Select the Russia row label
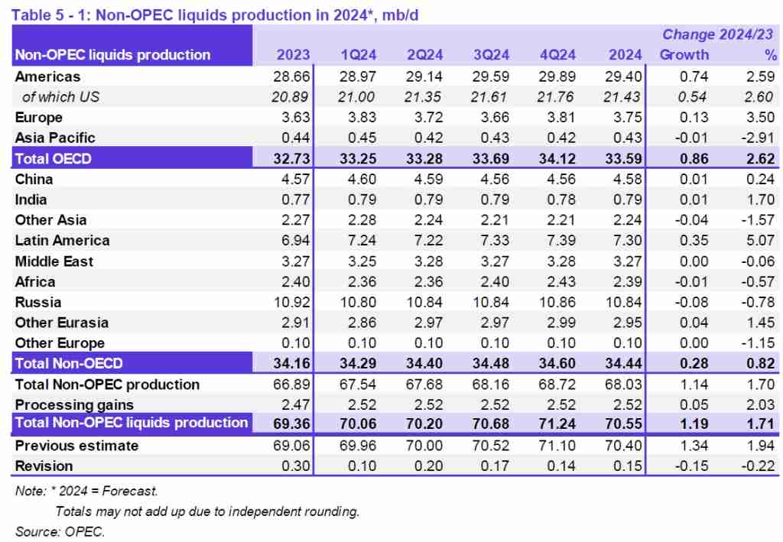coord(38,302)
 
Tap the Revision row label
coord(44,466)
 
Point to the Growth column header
coord(684,54)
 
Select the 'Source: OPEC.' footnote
coord(60,530)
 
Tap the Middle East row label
coord(54,261)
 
